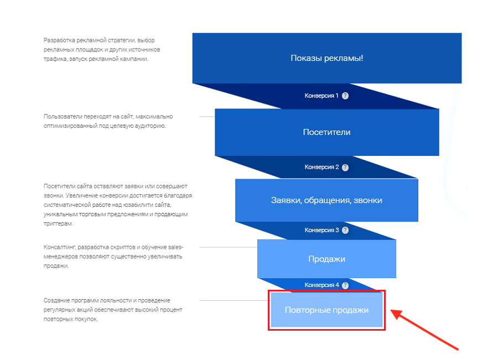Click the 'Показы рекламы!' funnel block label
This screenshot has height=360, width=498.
coord(327,58)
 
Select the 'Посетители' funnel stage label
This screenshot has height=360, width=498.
coord(327,132)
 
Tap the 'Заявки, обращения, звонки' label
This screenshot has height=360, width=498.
coord(326,200)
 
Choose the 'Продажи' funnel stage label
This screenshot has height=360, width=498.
coord(327,259)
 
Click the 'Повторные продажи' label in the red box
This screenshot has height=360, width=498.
coord(327,310)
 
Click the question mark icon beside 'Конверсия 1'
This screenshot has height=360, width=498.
coord(345,96)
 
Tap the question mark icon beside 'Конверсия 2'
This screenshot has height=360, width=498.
coord(345,168)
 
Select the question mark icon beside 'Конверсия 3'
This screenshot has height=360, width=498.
coord(345,230)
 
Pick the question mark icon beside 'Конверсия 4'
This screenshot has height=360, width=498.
coord(345,285)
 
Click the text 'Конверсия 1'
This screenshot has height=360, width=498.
coord(321,96)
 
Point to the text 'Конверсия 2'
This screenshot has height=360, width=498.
coord(321,167)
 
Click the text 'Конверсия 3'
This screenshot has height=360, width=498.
coord(321,230)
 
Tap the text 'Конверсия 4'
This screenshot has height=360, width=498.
coord(321,285)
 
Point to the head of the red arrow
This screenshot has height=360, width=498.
coord(391,310)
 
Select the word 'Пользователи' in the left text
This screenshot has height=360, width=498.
coord(63,117)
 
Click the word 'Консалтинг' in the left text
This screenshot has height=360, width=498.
coord(60,247)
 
